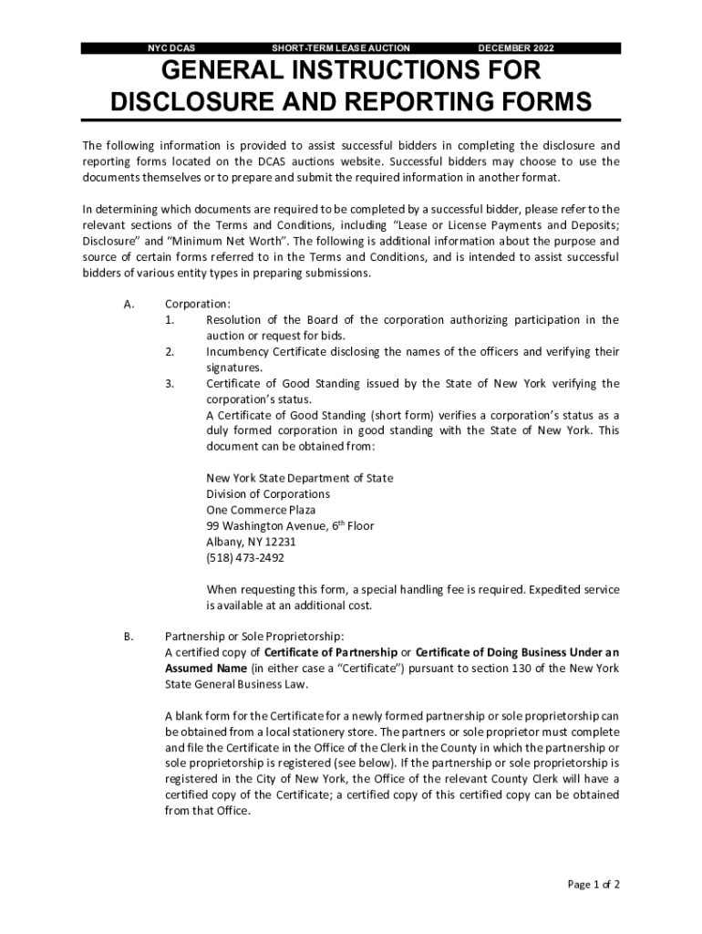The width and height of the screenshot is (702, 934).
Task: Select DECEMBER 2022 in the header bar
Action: coord(515,47)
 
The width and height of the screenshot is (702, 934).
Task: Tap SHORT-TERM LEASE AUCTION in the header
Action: coord(341,47)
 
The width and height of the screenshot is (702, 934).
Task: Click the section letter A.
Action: coord(129,304)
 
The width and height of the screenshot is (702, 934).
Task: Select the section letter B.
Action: coord(129,636)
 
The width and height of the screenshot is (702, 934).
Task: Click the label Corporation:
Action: coord(197,304)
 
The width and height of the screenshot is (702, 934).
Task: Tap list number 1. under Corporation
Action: coord(170,319)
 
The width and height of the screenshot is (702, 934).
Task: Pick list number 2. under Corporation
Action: coord(170,351)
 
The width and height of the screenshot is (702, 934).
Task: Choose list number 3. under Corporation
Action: coord(170,383)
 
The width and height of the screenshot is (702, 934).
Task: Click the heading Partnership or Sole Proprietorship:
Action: coord(254,636)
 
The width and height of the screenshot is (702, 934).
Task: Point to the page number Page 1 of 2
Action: coord(594,884)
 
